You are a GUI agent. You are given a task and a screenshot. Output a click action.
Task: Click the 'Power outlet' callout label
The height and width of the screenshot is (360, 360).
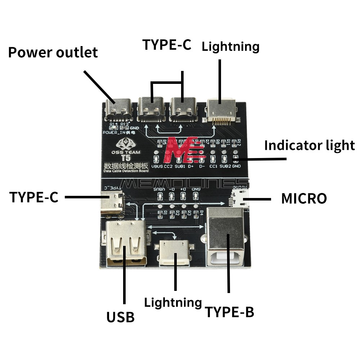tap(53, 53)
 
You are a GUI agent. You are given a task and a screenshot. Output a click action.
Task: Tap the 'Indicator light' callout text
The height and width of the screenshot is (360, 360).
tap(309, 145)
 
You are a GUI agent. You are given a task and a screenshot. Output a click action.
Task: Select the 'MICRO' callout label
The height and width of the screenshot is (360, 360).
tap(304, 198)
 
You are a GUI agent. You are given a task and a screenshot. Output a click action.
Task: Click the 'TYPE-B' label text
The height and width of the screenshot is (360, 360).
tap(229, 312)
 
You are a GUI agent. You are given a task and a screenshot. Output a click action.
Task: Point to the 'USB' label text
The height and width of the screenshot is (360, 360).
tap(120, 317)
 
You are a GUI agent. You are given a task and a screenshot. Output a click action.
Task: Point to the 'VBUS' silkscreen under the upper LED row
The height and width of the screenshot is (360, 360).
tap(157, 167)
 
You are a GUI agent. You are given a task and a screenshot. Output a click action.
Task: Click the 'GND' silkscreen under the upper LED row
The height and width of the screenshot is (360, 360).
tap(236, 167)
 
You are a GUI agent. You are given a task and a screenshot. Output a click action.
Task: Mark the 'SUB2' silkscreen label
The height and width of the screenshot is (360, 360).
tap(225, 167)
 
